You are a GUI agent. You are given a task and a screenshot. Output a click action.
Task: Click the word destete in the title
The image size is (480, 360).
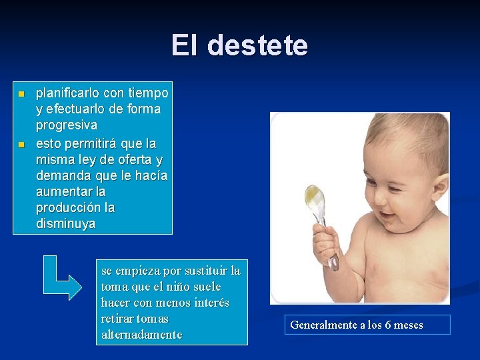[x=257, y=46]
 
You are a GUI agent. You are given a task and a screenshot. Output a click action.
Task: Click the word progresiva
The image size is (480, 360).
[x=66, y=125]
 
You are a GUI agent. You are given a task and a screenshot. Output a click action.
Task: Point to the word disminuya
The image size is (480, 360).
[x=65, y=224]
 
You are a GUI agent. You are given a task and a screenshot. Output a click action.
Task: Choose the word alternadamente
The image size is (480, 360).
[x=141, y=335]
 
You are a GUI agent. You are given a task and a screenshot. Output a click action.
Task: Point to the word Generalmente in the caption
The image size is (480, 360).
[x=321, y=325]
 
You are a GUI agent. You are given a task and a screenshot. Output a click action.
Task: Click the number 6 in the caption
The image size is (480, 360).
[x=388, y=325]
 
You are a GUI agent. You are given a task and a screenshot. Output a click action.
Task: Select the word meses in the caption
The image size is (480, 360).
[x=408, y=325]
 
